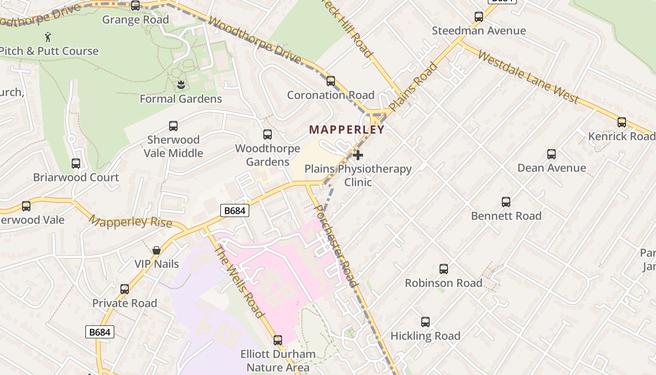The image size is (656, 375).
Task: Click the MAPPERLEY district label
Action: (x=347, y=130)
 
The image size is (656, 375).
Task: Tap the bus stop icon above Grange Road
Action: (x=135, y=6)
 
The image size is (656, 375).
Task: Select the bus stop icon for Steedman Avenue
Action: (x=479, y=17)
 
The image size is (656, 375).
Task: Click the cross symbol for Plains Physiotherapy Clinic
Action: (x=358, y=155)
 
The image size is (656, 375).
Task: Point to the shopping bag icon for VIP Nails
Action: (x=157, y=250)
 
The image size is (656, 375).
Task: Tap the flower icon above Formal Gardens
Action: (x=181, y=85)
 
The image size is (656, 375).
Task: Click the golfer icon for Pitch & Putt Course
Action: (x=48, y=37)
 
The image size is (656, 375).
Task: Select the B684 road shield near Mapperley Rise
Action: (x=235, y=210)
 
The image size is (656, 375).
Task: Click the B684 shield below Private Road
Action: (x=100, y=332)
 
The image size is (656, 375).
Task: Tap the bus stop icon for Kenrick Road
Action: (x=622, y=122)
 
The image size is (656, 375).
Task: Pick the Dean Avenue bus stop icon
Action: (x=552, y=154)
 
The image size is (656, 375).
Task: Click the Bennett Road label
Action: (x=506, y=216)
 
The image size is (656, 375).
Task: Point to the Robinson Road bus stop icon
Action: (x=444, y=269)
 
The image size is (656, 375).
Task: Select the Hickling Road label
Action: (x=425, y=336)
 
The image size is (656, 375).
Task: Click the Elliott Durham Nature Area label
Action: (x=278, y=360)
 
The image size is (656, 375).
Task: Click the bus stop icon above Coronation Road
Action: (x=331, y=81)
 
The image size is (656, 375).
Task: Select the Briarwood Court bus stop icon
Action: (x=76, y=164)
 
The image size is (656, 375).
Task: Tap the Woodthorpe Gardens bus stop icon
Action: (x=268, y=135)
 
